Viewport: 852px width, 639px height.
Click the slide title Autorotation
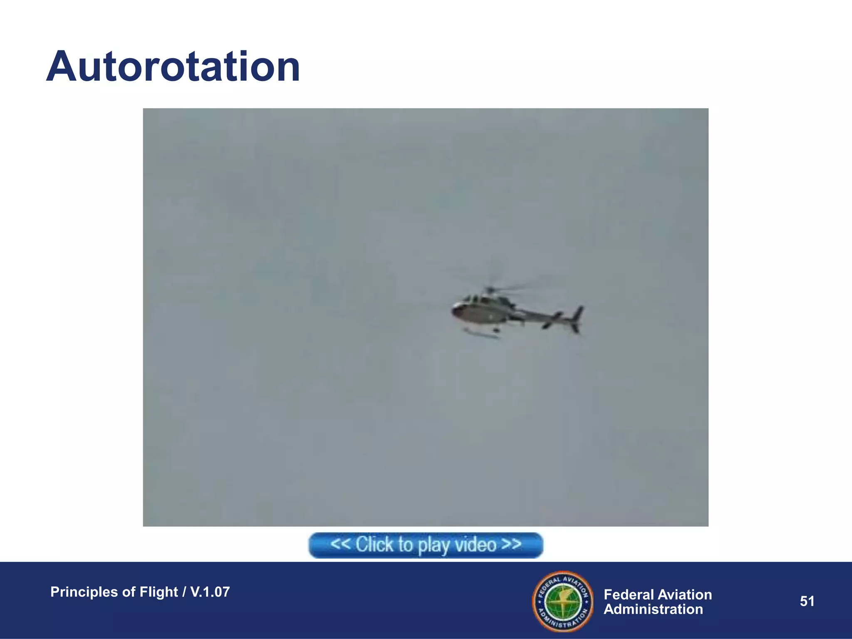[x=173, y=67]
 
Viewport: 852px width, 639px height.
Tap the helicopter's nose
[x=455, y=310]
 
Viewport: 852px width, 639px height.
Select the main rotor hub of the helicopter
[x=490, y=290]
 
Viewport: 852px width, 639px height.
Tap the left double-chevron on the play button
[x=340, y=544]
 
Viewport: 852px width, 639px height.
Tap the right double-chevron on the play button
[x=511, y=544]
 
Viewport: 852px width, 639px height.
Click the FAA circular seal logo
[x=563, y=601]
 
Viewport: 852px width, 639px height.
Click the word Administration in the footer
[x=653, y=609]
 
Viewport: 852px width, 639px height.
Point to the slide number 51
[x=807, y=601]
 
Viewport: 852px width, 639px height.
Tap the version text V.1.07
[x=210, y=592]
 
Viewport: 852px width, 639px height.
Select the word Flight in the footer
[x=159, y=592]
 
